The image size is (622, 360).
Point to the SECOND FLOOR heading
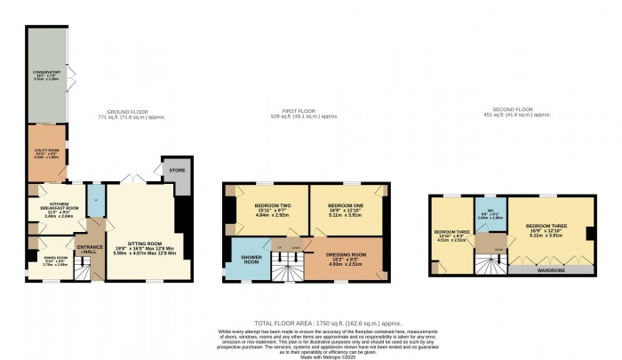(x=513, y=113)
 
